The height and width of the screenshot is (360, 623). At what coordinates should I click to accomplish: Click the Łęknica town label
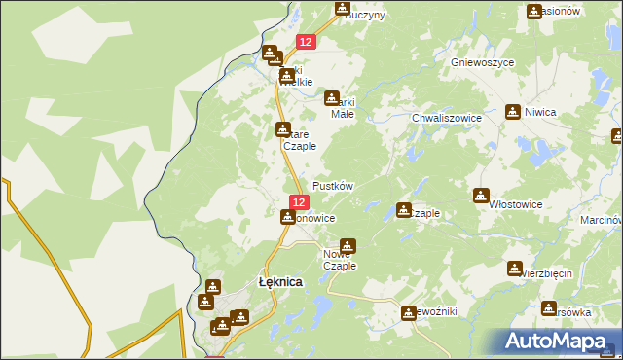pos(279,281)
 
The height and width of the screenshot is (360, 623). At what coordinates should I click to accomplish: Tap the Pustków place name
pos(332,185)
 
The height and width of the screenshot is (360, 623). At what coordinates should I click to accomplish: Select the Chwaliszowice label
pos(447,118)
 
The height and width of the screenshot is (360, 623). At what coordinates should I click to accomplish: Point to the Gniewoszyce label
pos(483,61)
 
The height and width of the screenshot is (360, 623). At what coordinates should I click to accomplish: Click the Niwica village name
pos(538,113)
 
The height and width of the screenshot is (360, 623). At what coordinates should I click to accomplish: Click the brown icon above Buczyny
pos(343,9)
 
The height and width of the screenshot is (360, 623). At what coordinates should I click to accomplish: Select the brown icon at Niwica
pos(513,112)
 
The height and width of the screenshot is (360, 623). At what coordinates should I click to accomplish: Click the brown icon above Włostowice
pos(480,196)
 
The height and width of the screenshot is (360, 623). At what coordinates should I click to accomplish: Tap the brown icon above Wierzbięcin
pos(515,268)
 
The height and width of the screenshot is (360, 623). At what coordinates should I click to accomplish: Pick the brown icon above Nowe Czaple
pos(348,246)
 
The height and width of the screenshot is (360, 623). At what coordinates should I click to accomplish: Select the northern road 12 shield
pos(306,42)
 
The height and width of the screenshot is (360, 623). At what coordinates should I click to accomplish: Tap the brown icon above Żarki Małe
pos(333,98)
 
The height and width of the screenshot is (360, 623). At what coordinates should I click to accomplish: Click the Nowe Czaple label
pos(340,260)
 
